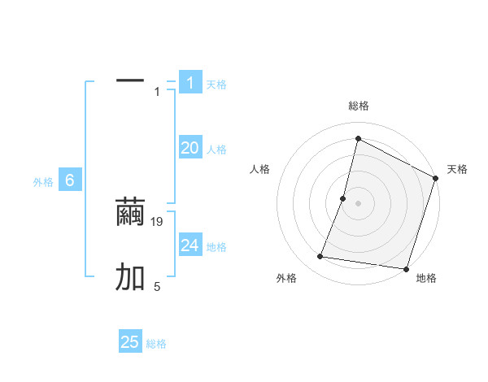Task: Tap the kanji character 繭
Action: (130, 213)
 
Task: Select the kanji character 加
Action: (130, 278)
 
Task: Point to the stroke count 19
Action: (159, 221)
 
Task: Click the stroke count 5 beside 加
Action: (157, 286)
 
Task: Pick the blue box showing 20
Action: (190, 148)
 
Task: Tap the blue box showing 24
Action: (190, 245)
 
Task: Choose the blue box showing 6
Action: (70, 181)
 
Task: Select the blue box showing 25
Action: (130, 342)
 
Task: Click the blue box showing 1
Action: (190, 83)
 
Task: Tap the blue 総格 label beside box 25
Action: (156, 344)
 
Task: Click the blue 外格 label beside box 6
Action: (43, 182)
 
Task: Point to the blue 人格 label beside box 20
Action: (216, 150)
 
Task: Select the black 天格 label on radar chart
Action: (457, 169)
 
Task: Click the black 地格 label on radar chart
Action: (426, 278)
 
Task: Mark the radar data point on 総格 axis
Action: (358, 138)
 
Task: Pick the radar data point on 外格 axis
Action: (320, 257)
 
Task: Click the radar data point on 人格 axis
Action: (343, 198)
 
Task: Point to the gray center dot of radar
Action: (358, 203)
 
